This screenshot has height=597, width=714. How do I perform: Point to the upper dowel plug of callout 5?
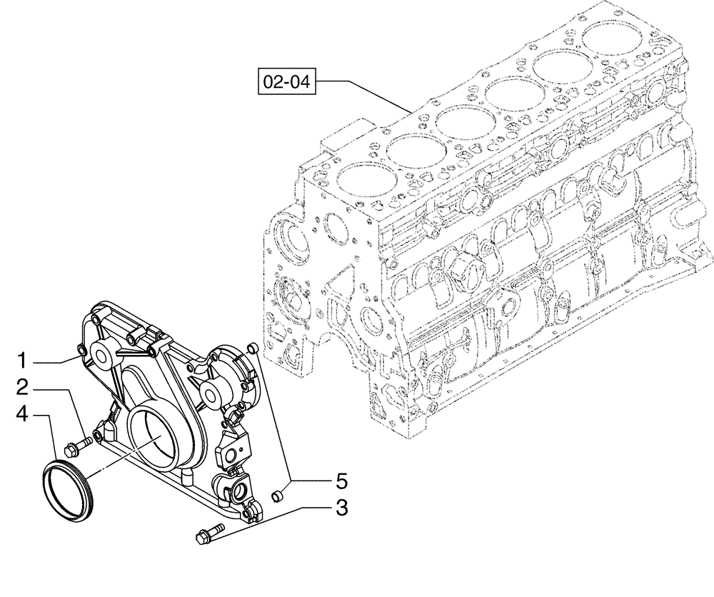251,348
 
